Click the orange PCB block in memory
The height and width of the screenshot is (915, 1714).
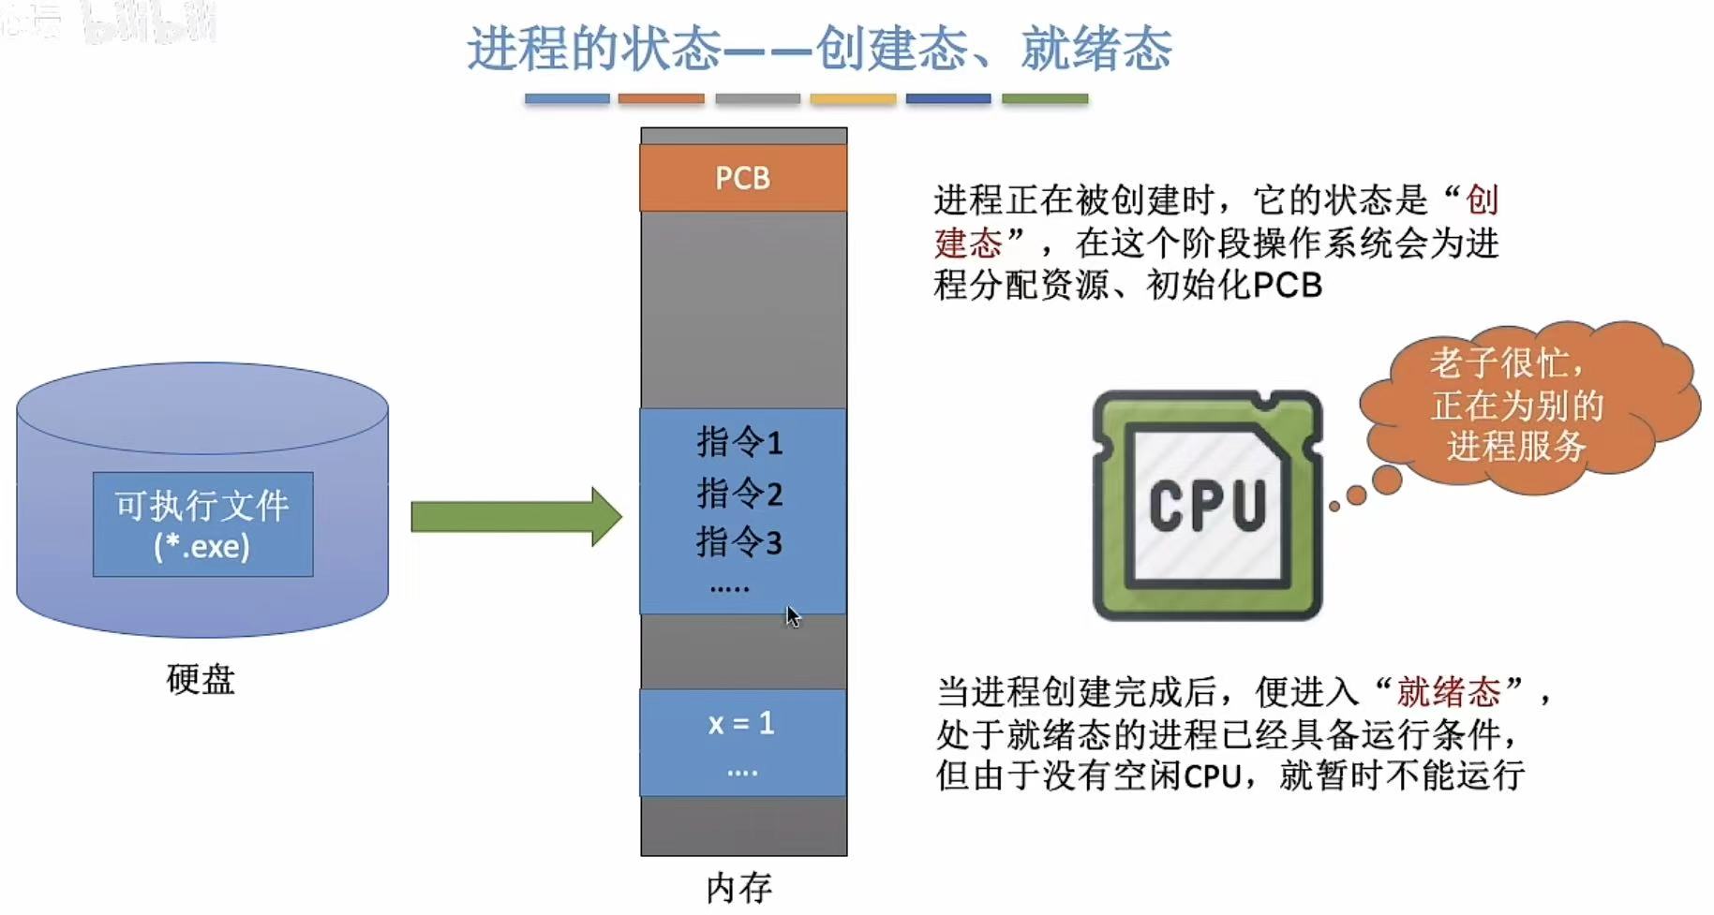pyautogui.click(x=743, y=178)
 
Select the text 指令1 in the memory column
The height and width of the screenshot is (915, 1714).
pyautogui.click(x=739, y=442)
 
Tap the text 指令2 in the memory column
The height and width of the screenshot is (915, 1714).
pyautogui.click(x=739, y=493)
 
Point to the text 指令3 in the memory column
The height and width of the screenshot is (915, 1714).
pyautogui.click(x=739, y=542)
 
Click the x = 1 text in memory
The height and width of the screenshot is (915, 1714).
pyautogui.click(x=741, y=723)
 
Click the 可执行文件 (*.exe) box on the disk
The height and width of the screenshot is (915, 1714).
pyautogui.click(x=202, y=524)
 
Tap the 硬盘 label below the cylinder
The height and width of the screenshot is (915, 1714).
pyautogui.click(x=201, y=679)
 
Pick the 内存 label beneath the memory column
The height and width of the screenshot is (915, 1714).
pyautogui.click(x=739, y=888)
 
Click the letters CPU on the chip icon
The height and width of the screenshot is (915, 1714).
pyautogui.click(x=1207, y=507)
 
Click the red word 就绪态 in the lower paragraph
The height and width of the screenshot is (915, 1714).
pyautogui.click(x=1449, y=692)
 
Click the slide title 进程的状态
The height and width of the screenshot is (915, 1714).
pyautogui.click(x=594, y=49)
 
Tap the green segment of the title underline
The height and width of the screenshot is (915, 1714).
pyautogui.click(x=1045, y=98)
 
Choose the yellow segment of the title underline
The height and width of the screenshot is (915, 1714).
pyautogui.click(x=853, y=98)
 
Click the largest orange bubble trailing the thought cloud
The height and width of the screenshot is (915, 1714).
pyautogui.click(x=1387, y=480)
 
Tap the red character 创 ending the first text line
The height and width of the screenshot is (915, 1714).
pyautogui.click(x=1482, y=199)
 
